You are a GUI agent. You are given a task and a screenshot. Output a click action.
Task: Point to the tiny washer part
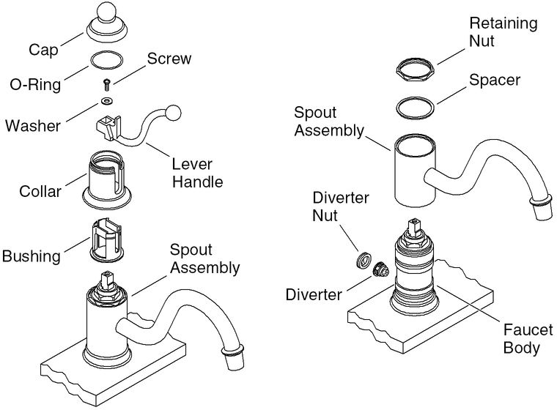(108, 99)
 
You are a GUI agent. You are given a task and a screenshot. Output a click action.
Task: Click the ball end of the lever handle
(173, 113)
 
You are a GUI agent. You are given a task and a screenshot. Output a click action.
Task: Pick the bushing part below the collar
(108, 238)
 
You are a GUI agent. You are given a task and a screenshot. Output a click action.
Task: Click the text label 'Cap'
(43, 51)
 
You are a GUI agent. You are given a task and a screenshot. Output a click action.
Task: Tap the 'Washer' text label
(32, 124)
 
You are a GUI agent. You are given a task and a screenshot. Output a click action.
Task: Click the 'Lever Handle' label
(196, 171)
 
